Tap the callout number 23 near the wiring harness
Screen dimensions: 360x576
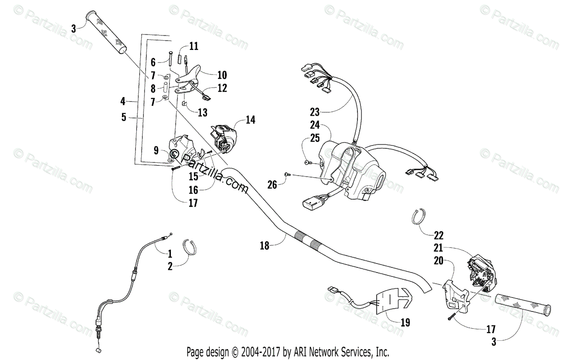[314, 112]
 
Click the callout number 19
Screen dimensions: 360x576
[405, 323]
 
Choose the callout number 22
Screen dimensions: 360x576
[439, 236]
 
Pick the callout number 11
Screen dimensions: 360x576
[193, 47]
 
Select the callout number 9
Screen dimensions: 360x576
[156, 150]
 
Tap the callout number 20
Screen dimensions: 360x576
[438, 261]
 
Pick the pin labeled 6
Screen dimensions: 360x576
[170, 60]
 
